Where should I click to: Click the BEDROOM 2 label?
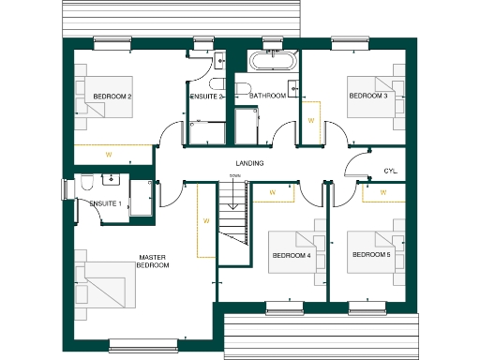(112, 97)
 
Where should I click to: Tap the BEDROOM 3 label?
(367, 97)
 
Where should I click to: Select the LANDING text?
(248, 164)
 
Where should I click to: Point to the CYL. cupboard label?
(390, 171)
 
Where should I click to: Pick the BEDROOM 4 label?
(291, 255)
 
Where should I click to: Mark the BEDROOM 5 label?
(370, 255)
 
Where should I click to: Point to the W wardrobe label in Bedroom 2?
(108, 155)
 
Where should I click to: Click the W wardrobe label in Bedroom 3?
(310, 121)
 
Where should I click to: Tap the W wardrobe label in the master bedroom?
(203, 222)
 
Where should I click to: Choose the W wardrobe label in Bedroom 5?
(382, 192)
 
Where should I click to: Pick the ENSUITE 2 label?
(205, 97)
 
